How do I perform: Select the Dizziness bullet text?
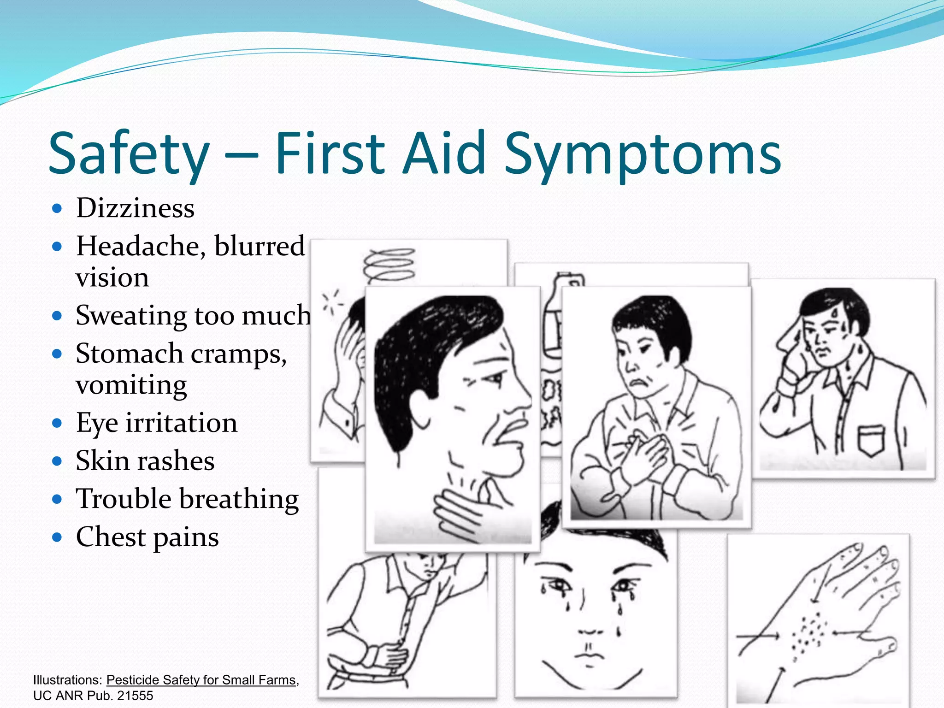click(x=135, y=208)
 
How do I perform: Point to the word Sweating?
click(x=131, y=316)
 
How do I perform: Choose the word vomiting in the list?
click(x=131, y=384)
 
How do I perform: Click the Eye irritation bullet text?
click(x=157, y=423)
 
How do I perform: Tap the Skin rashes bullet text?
click(x=145, y=460)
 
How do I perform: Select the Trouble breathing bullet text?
click(x=187, y=499)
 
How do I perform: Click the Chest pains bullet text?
click(x=147, y=537)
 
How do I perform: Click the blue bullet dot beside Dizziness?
click(x=57, y=208)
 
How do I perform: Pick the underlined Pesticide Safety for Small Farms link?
click(x=201, y=680)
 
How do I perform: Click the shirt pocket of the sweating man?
click(x=871, y=440)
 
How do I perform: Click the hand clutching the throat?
click(x=461, y=512)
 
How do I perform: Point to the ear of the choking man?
click(x=422, y=406)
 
